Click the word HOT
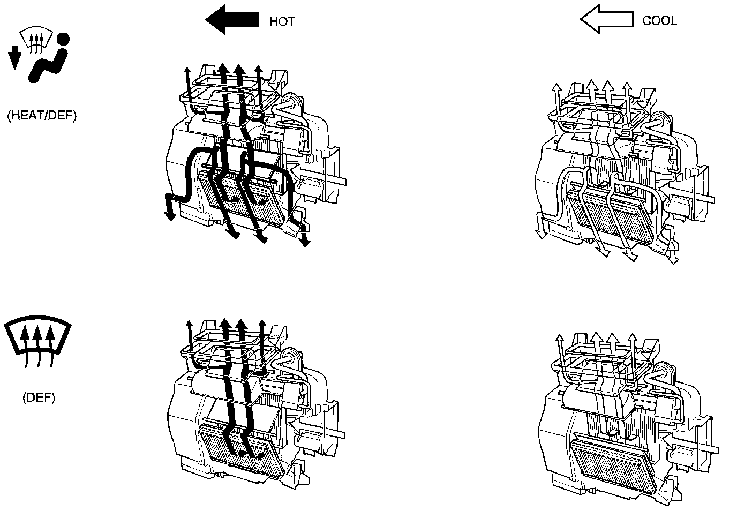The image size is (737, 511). (x=282, y=22)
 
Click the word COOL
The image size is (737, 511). (x=659, y=21)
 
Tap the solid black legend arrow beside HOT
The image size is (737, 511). (x=232, y=20)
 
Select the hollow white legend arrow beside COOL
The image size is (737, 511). (x=606, y=20)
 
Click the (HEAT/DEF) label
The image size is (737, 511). (x=42, y=116)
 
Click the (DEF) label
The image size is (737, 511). (x=39, y=397)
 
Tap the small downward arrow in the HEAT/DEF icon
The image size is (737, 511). (x=14, y=58)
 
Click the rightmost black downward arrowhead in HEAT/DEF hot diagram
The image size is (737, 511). (x=305, y=242)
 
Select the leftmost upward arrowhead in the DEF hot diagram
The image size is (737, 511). (x=190, y=325)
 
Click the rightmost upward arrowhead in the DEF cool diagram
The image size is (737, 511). (x=633, y=339)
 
